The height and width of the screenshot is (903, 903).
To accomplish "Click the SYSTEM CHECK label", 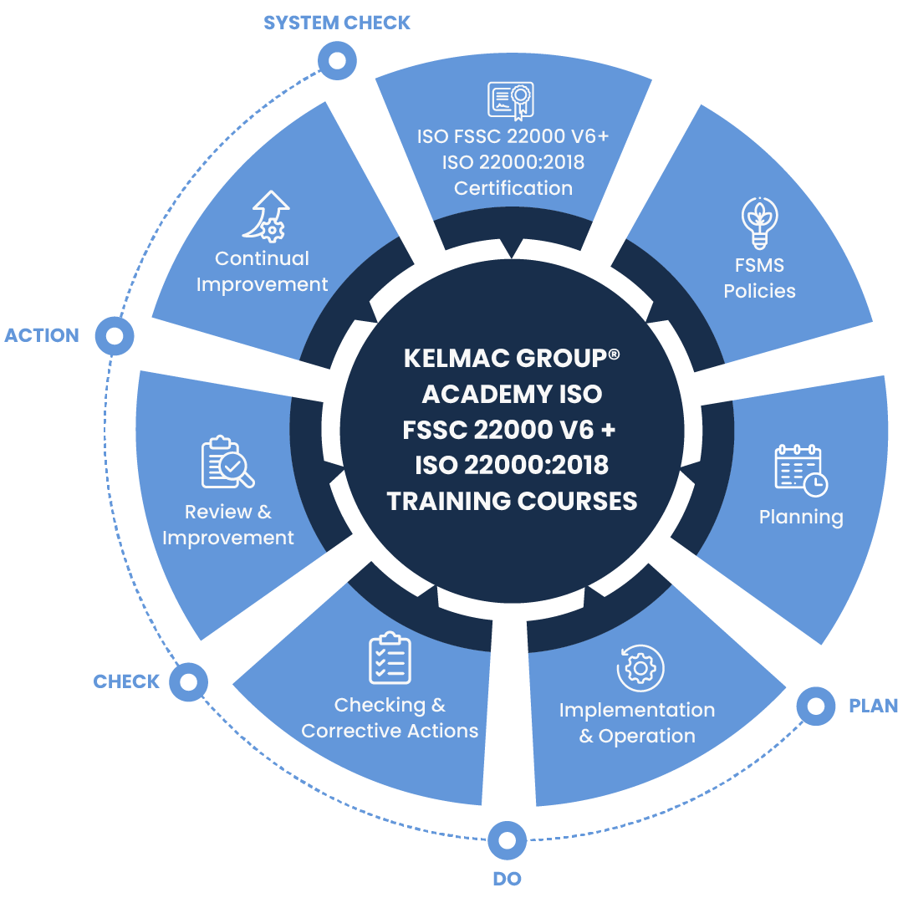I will (x=337, y=23).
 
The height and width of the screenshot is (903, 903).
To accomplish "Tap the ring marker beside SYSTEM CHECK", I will (x=337, y=60).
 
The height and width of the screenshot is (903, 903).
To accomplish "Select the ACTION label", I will (x=42, y=335).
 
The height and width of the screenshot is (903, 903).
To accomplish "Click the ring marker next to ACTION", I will (x=115, y=335).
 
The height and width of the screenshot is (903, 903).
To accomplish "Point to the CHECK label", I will (x=126, y=681).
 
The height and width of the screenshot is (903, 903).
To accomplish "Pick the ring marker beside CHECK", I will (x=188, y=681).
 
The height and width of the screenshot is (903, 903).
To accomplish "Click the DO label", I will (x=507, y=878).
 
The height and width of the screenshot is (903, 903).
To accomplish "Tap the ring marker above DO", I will (x=507, y=839).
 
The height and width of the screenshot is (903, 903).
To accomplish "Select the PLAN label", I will (x=873, y=706).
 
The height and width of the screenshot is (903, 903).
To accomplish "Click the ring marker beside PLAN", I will (x=815, y=706).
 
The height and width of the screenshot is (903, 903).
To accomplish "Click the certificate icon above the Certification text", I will (x=511, y=100).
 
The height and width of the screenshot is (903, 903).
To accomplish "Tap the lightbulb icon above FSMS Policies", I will (x=760, y=222).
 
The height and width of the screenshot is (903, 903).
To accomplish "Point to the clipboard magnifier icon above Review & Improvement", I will (x=227, y=462).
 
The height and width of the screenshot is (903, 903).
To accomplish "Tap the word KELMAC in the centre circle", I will (x=457, y=358).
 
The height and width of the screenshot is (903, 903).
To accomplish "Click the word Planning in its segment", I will (x=801, y=517).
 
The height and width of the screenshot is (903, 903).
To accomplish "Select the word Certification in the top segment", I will (x=513, y=188).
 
